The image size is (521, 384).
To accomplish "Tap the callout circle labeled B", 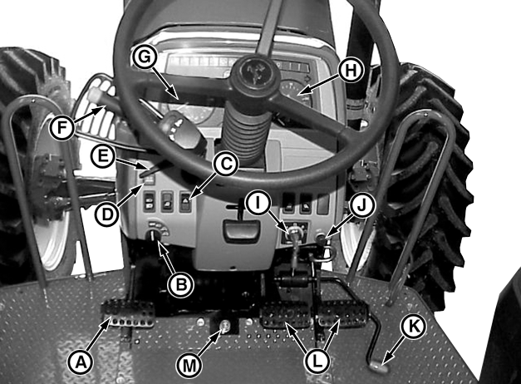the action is pos(180,284).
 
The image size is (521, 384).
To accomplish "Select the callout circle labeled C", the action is pos(226,164).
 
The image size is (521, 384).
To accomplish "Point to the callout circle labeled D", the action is pos(107,214).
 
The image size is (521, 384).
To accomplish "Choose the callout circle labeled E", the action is pos(104,156).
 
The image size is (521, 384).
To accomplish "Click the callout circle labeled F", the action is pos(61,128).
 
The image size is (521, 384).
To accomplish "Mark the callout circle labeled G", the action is pos(145,57).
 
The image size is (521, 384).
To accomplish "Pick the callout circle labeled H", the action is pos(351,70).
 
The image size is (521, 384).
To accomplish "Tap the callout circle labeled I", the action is pos(258,204).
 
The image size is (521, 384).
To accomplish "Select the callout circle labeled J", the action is pos(361,206).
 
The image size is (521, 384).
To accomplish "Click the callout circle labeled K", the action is pos(414,327).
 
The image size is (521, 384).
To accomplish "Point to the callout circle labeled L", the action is pos(317,361).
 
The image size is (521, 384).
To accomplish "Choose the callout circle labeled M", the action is pos(189,366).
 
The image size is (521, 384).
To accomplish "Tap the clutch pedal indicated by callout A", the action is pos(128,313).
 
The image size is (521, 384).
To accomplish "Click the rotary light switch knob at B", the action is pos(155,235).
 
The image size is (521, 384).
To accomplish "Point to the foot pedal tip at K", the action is pos(379,367).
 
